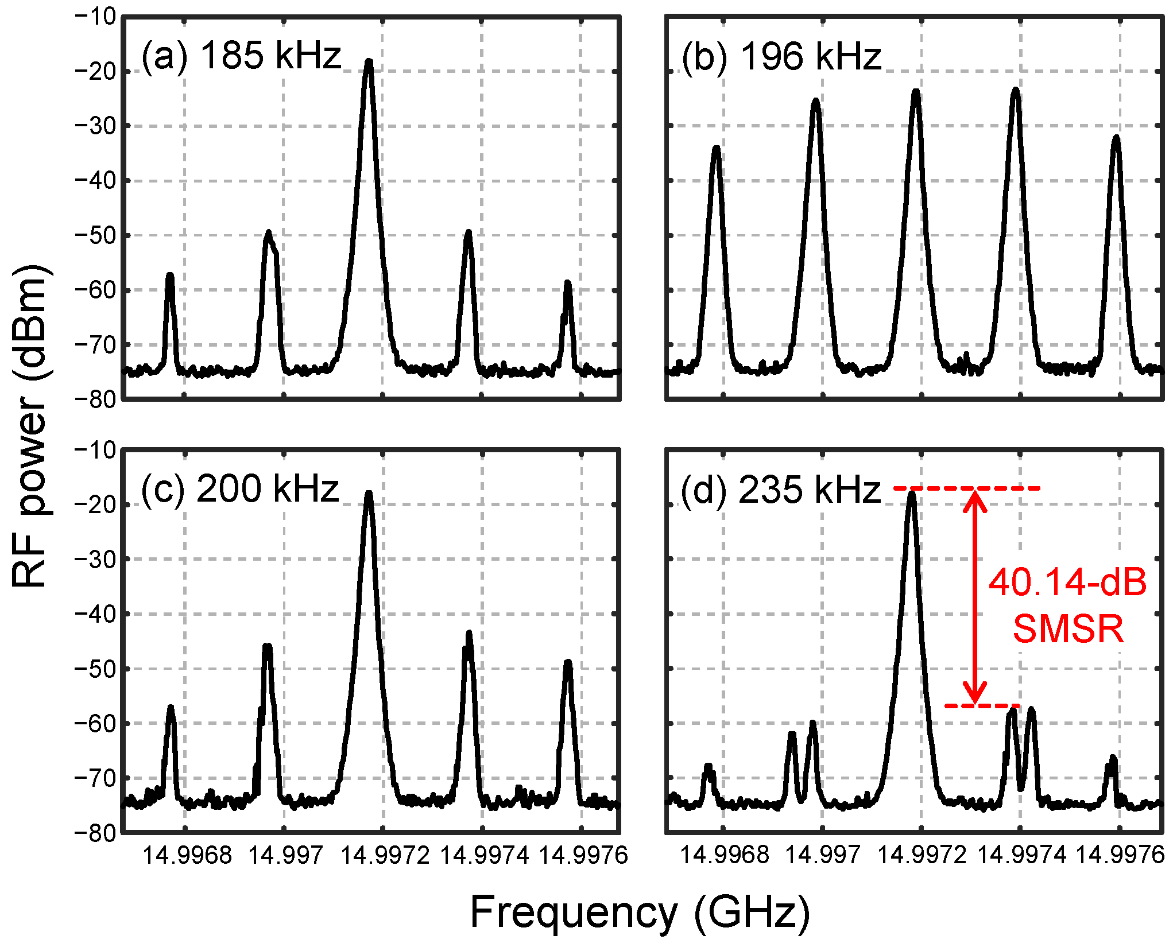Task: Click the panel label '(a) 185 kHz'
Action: click(x=241, y=56)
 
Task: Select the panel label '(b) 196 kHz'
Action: click(x=781, y=57)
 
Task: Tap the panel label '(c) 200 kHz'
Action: click(x=240, y=489)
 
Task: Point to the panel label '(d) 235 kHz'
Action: click(x=780, y=490)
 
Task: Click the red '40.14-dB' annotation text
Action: click(x=1067, y=582)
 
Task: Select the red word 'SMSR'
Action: click(x=1067, y=628)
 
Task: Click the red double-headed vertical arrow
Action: click(x=974, y=597)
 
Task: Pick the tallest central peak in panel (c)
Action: click(x=369, y=495)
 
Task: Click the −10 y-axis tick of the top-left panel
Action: click(x=95, y=17)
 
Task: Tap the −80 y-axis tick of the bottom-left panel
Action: click(x=95, y=833)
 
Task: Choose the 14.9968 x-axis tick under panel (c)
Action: click(x=187, y=855)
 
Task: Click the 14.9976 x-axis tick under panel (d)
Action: click(x=1120, y=855)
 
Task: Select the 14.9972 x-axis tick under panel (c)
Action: click(x=385, y=855)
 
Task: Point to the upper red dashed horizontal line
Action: click(x=967, y=488)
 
